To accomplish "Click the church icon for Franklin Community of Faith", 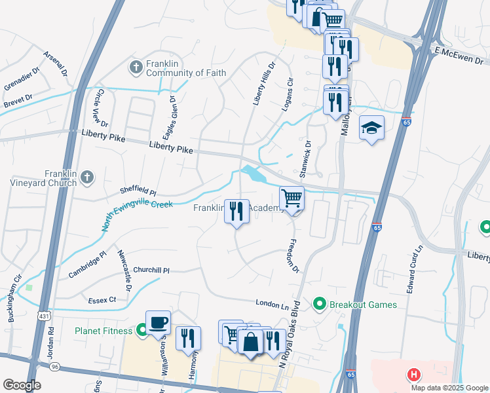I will pyautogui.click(x=136, y=67).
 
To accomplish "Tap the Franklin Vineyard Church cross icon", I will pyautogui.click(x=87, y=178).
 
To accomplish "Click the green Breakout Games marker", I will pyautogui.click(x=319, y=304).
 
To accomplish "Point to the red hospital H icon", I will pyautogui.click(x=413, y=375).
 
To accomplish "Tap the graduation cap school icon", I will pyautogui.click(x=371, y=128).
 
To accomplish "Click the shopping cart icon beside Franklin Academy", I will pyautogui.click(x=292, y=198).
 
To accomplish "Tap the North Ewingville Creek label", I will pyautogui.click(x=137, y=215).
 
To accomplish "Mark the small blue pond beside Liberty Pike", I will pyautogui.click(x=252, y=174).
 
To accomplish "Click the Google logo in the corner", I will pyautogui.click(x=22, y=385).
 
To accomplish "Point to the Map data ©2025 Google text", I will pyautogui.click(x=449, y=387).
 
